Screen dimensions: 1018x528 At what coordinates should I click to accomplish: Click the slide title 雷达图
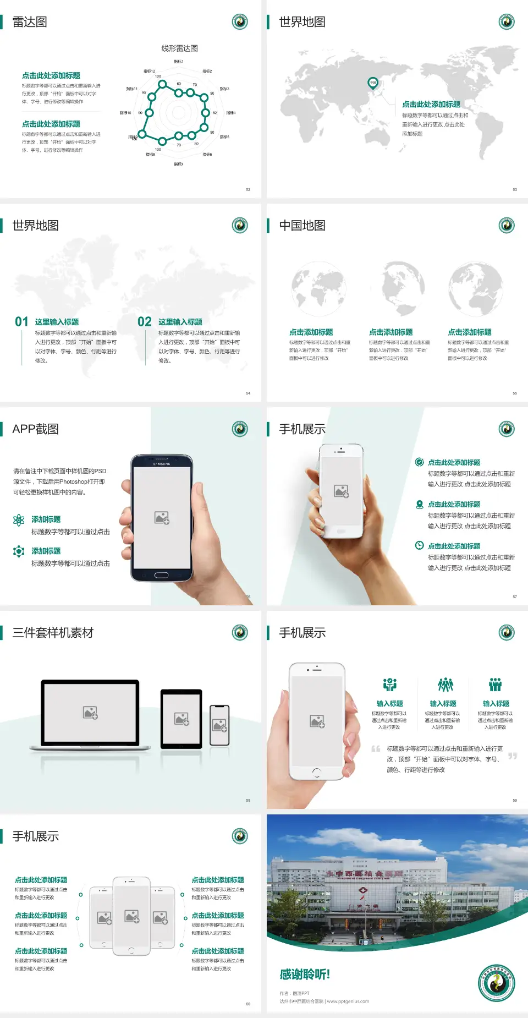(30, 22)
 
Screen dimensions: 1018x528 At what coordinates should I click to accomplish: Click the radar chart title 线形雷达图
(179, 48)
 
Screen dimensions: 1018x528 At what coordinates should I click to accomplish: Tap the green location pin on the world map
(372, 83)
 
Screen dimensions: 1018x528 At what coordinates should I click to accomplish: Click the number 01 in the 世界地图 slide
(21, 322)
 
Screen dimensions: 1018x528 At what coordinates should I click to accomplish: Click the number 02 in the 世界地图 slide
(145, 322)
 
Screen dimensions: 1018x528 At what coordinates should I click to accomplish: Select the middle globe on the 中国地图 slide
(398, 288)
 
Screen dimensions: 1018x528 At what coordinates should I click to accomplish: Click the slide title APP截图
(35, 429)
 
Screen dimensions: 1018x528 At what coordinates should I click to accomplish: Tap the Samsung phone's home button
(161, 575)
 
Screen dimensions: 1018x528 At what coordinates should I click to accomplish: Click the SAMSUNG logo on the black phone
(162, 464)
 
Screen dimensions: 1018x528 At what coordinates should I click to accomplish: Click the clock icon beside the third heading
(419, 545)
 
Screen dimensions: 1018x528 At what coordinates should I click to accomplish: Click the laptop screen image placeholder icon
(90, 713)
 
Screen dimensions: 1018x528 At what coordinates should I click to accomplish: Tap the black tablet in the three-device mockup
(182, 719)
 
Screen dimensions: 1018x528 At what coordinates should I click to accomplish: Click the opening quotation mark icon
(376, 749)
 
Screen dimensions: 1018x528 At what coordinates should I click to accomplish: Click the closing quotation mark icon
(512, 756)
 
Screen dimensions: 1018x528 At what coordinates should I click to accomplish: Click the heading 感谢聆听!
(305, 975)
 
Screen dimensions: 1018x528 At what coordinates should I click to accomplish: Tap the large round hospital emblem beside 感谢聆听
(496, 983)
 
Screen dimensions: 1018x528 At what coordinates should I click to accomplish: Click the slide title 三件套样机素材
(53, 633)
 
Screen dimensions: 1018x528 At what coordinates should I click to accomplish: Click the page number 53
(515, 189)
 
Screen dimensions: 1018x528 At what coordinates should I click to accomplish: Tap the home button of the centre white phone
(131, 950)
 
